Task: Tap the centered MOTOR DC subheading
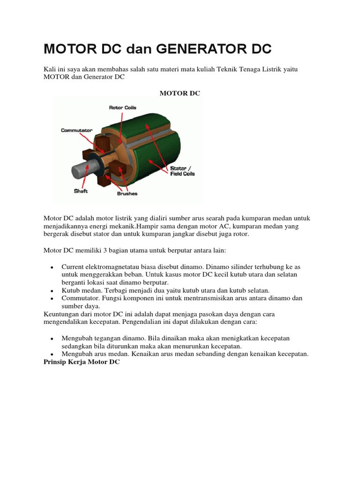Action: (180, 93)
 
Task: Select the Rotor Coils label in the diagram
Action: (122, 107)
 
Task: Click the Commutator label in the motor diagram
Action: (76, 130)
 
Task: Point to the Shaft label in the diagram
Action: (80, 190)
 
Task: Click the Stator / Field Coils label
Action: (181, 171)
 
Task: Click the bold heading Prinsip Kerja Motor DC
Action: (82, 363)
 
